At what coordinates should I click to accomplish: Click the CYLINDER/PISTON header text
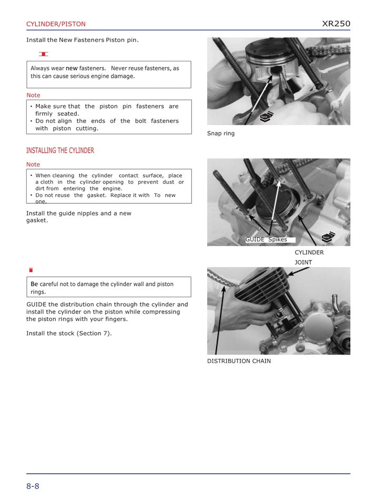point(56,24)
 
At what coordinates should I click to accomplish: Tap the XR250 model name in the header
point(336,24)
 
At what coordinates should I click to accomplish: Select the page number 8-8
point(33,486)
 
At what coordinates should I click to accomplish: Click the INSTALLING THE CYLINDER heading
point(60,151)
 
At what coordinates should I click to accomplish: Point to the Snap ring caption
point(221,133)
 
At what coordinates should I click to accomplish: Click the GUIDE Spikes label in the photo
point(266,240)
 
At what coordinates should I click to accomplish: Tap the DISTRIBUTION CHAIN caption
point(239,361)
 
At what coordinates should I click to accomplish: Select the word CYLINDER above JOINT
point(309,253)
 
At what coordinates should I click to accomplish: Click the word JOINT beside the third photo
point(303,262)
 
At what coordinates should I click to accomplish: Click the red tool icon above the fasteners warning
point(44,54)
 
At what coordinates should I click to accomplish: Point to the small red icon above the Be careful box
point(31,270)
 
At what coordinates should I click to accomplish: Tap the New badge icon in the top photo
point(267,117)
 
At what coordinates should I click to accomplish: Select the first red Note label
point(33,95)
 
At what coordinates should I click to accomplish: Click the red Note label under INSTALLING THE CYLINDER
point(33,164)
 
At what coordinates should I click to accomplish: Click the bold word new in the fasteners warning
point(71,68)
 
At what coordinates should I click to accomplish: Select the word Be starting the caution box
point(34,284)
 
